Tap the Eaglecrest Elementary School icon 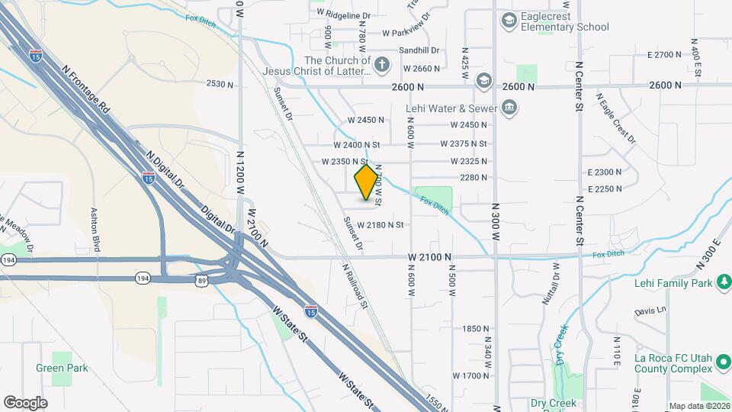(x=508, y=20)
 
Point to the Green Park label (x=62, y=368)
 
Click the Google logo (x=25, y=403)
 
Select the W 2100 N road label (x=430, y=258)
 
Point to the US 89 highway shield (x=199, y=280)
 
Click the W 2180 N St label (x=374, y=224)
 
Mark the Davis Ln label (x=650, y=312)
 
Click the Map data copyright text (x=699, y=406)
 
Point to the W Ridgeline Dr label (x=342, y=14)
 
